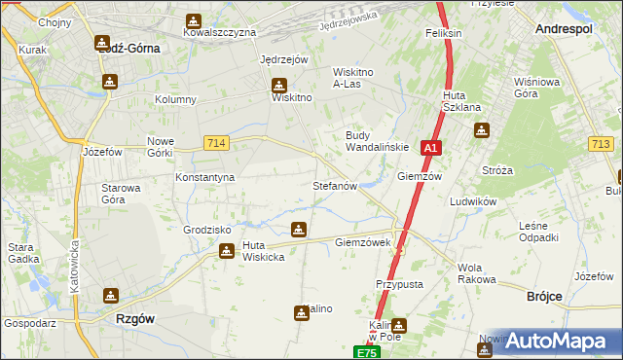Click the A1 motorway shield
pos(432,149)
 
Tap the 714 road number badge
pos(217,143)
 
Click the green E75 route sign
pos(365,352)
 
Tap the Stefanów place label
pos(336,185)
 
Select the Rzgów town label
pos(135,318)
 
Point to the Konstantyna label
pos(204,178)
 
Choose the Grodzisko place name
pos(207,231)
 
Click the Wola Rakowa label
pos(476,273)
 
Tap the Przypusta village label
pos(398,284)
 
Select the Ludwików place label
pos(473,201)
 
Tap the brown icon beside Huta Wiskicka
pos(227,251)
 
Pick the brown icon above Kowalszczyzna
pos(194,18)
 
